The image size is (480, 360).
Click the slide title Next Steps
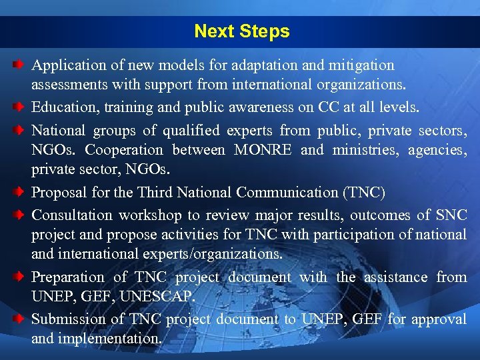[241, 31]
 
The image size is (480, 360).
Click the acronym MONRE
[263, 150]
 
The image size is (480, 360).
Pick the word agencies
[436, 150]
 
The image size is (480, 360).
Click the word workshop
[150, 215]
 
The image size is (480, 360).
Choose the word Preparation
[68, 277]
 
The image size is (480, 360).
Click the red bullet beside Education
[21, 107]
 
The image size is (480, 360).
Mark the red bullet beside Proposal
[21, 192]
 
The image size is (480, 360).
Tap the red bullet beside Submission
[21, 319]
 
